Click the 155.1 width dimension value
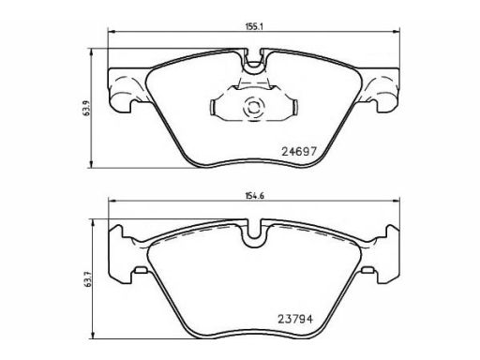click(254, 27)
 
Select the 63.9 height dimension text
click(86, 108)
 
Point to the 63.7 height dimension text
click(88, 278)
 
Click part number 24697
click(299, 152)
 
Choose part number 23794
click(295, 319)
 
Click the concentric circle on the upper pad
click(253, 108)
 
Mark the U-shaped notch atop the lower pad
click(254, 233)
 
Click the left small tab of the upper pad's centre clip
click(212, 107)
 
